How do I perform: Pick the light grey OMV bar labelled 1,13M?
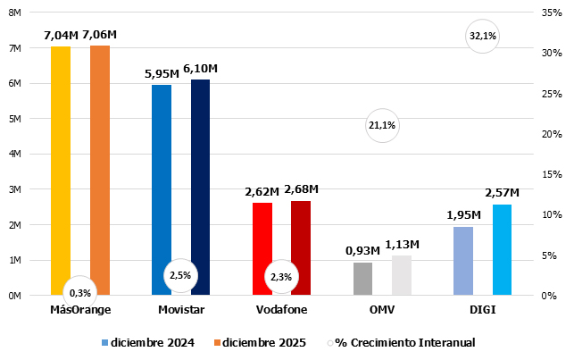(x=402, y=275)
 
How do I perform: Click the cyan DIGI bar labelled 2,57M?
(x=503, y=250)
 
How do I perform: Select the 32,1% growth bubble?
(x=482, y=37)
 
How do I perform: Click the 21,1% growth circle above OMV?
(x=382, y=126)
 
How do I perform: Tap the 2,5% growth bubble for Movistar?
(x=180, y=276)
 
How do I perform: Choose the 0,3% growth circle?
(x=80, y=292)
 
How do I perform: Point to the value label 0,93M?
(x=362, y=251)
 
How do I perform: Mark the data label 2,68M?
(x=301, y=188)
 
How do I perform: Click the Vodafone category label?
(x=281, y=310)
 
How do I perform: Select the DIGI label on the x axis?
(x=482, y=310)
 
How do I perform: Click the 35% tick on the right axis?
(x=551, y=13)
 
